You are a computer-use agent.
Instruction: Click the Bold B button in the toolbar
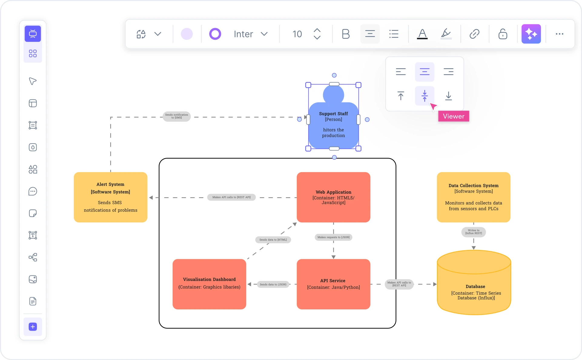click(346, 34)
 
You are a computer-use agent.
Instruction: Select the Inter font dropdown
click(250, 34)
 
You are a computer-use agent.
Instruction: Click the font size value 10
click(297, 34)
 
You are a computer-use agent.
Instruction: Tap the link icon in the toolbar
click(474, 34)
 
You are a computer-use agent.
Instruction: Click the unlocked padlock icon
click(503, 34)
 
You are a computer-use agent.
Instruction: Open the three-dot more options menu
click(559, 34)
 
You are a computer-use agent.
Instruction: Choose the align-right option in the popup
click(448, 72)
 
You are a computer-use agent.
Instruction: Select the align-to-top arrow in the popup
click(401, 96)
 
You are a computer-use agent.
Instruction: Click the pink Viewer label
click(453, 116)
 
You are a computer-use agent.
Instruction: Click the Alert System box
click(111, 197)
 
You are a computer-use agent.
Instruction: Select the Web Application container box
click(333, 197)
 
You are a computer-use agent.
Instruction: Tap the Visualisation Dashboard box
click(209, 284)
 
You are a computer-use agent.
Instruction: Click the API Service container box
click(333, 284)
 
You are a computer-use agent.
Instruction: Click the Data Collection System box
click(473, 197)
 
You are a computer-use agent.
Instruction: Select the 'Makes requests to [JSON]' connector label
click(333, 237)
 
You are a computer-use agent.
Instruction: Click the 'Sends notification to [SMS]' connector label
click(177, 116)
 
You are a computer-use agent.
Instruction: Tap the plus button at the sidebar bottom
click(33, 327)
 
